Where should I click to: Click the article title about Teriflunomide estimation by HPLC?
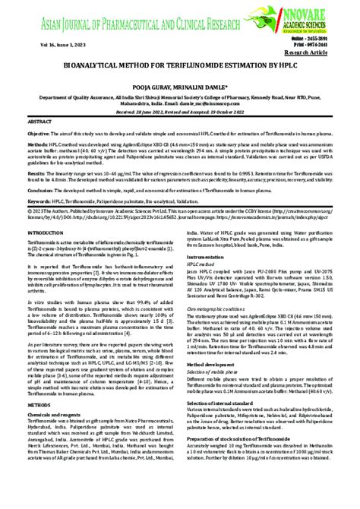click(179, 68)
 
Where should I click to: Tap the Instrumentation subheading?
click(205, 257)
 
